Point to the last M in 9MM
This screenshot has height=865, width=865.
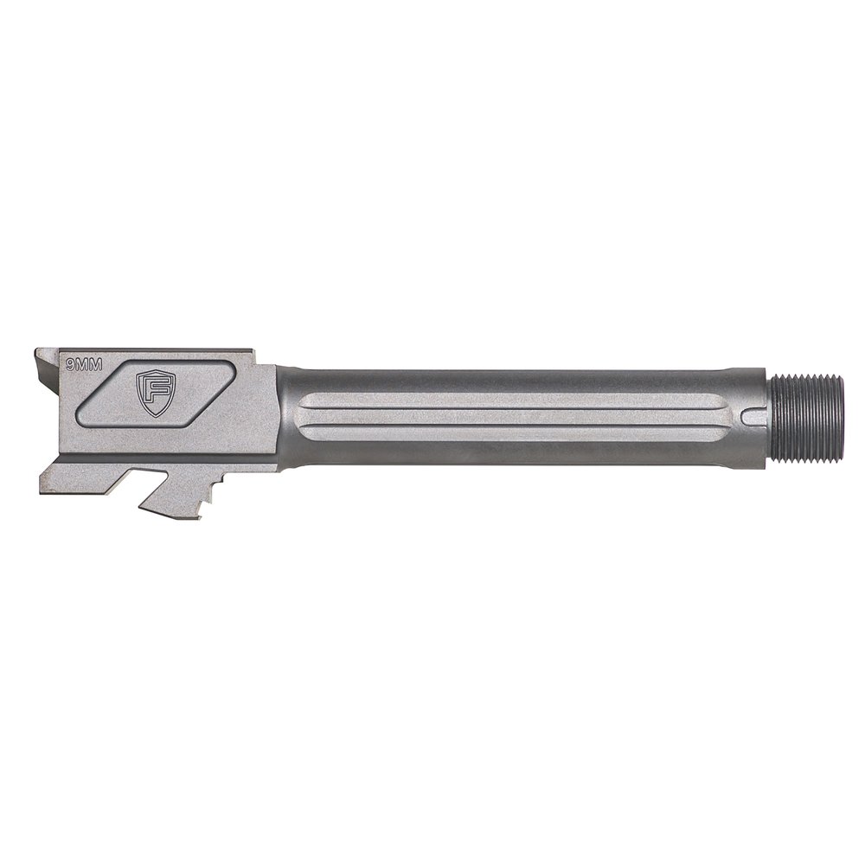pyautogui.click(x=97, y=367)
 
